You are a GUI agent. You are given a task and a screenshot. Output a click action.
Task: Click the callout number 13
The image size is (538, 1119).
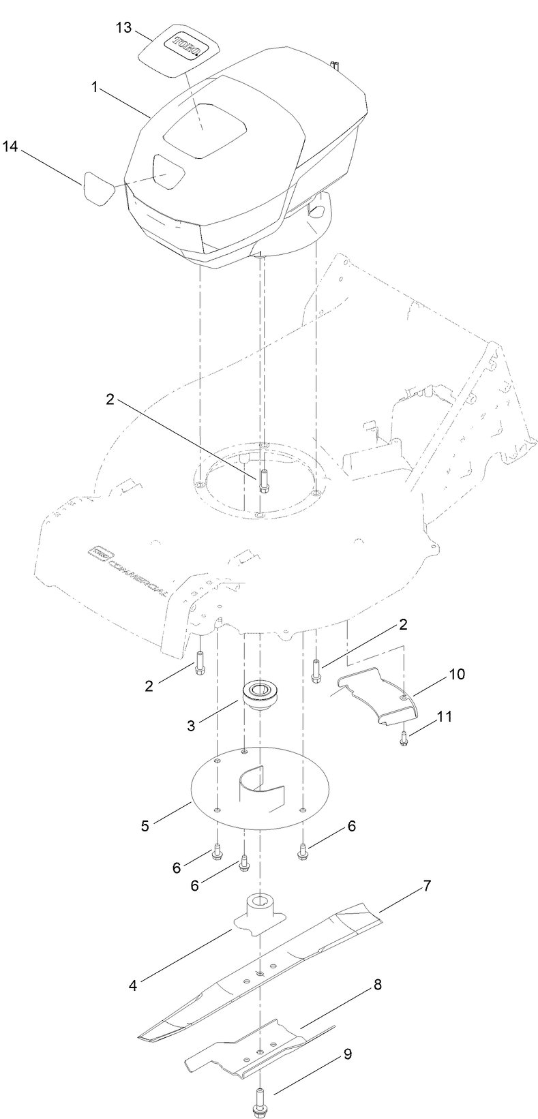[x=122, y=28]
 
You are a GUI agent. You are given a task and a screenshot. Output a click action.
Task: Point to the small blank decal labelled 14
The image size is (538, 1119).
[x=99, y=187]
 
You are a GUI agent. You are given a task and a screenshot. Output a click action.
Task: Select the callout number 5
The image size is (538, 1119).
[x=145, y=825]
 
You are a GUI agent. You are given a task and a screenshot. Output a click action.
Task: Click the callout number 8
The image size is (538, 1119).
[x=377, y=985]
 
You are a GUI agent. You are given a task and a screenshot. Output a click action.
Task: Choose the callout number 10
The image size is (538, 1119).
[x=457, y=675]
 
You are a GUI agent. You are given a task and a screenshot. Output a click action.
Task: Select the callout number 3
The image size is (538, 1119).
[x=192, y=726]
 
